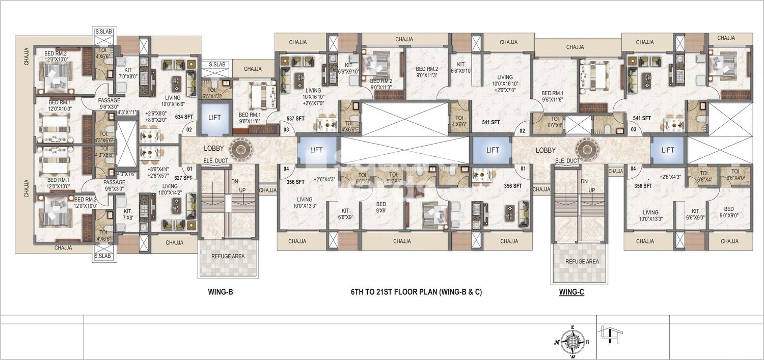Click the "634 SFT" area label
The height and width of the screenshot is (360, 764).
point(184,117)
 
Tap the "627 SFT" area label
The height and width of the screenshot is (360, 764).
point(183,178)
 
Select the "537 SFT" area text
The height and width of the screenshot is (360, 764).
point(295,119)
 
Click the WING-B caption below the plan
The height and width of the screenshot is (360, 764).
point(221,292)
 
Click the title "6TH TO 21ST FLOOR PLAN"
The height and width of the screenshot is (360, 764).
point(416,292)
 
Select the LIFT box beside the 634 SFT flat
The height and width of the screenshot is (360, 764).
point(214,118)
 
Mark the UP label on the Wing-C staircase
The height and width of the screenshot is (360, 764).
point(592,190)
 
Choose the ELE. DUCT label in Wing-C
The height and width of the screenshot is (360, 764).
point(566,161)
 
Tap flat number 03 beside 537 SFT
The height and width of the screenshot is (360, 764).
point(286,130)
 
